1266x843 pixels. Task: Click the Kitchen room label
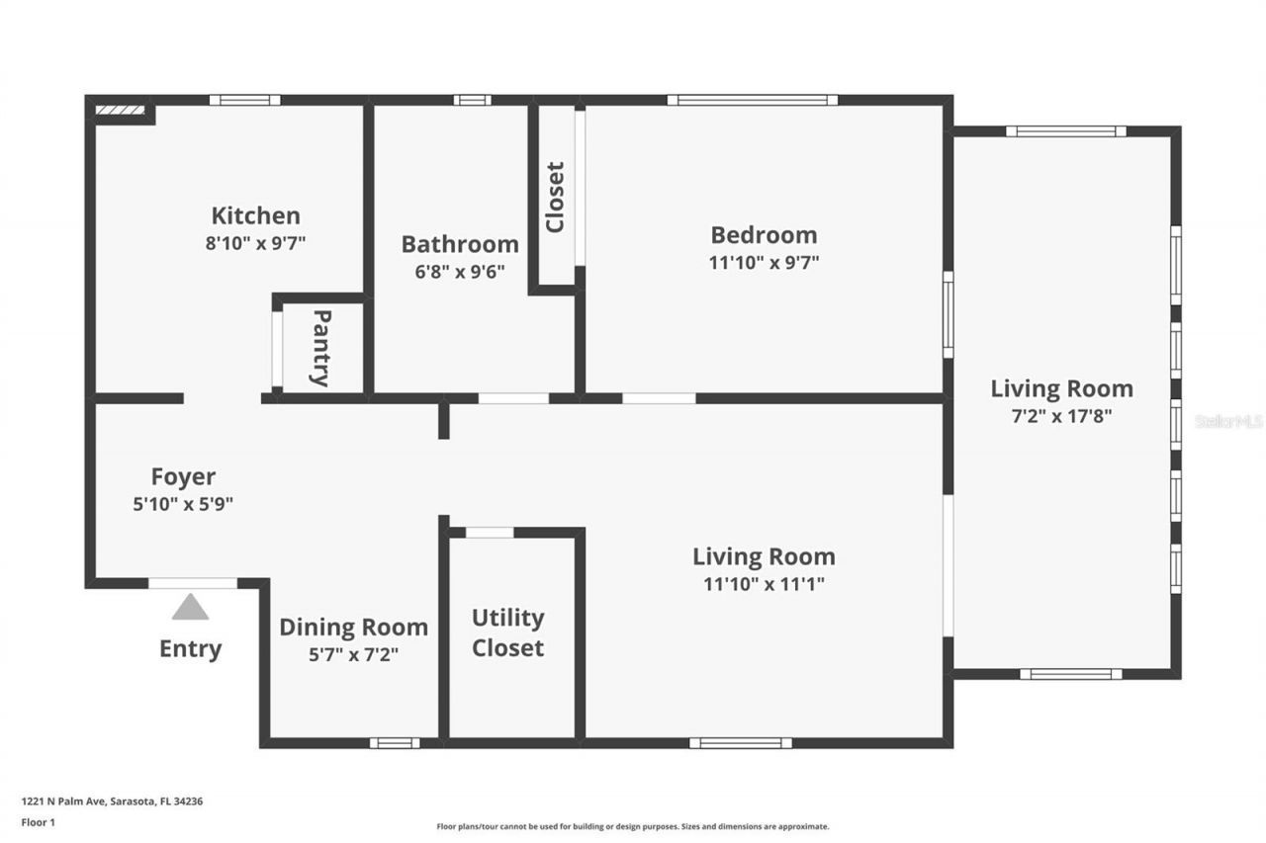point(255,215)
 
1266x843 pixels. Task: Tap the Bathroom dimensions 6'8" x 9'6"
point(459,271)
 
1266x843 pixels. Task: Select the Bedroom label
point(764,235)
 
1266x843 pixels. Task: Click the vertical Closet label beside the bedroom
point(555,198)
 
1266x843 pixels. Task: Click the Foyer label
point(183,477)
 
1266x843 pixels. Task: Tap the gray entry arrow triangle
point(190,608)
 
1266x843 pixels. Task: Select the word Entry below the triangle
point(190,649)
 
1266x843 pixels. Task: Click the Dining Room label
point(353,627)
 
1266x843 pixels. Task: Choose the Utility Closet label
point(507,632)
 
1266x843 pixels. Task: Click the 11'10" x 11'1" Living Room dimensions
point(764,583)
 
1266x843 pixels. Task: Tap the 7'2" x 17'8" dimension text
point(1061,416)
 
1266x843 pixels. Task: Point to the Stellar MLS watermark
point(1228,421)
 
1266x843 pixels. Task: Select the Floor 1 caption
point(38,821)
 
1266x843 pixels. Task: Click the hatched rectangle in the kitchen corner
point(120,111)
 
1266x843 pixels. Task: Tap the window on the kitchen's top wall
point(244,100)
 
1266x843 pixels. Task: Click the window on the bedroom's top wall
point(752,100)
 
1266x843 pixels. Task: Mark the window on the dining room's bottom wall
point(394,743)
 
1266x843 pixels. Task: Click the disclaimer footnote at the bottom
point(632,826)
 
